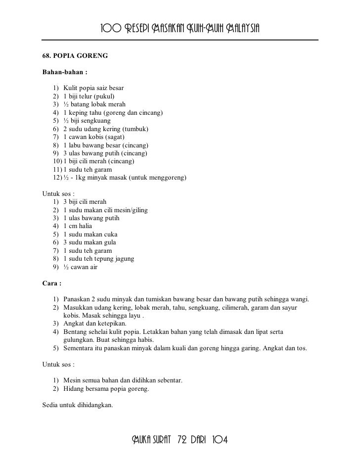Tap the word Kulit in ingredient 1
(x=70, y=89)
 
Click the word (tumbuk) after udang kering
(x=135, y=129)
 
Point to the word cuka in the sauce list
(x=110, y=234)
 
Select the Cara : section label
(x=52, y=284)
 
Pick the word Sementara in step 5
(x=80, y=348)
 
